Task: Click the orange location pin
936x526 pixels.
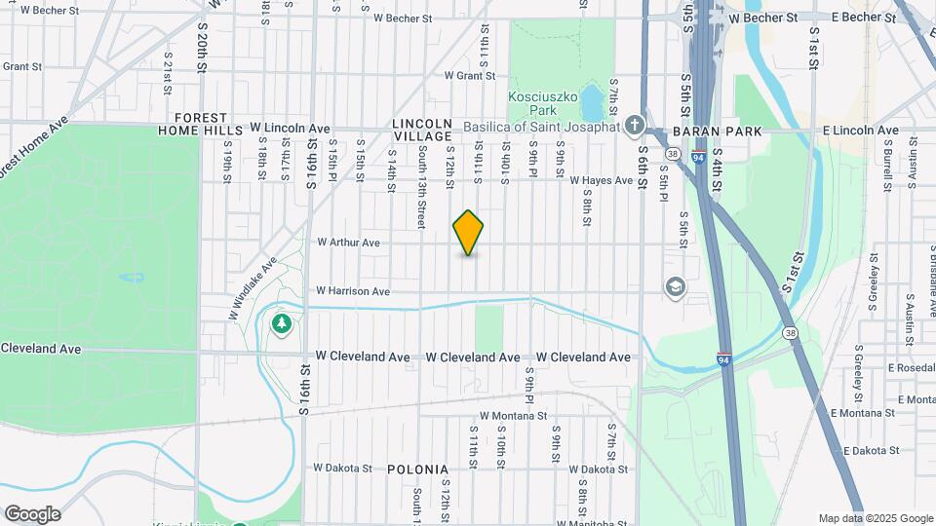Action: click(x=468, y=233)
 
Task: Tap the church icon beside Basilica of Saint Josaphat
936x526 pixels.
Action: click(x=635, y=126)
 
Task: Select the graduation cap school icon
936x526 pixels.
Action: click(x=674, y=287)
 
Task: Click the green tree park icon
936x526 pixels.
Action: click(x=282, y=322)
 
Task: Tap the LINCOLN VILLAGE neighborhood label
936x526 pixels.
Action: click(x=423, y=131)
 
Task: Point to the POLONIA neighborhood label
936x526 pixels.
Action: click(x=417, y=470)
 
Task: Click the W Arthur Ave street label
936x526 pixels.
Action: click(x=348, y=243)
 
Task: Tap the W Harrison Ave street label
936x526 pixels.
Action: click(x=352, y=291)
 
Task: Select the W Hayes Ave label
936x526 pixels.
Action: click(x=603, y=180)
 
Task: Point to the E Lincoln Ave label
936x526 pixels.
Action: click(x=859, y=131)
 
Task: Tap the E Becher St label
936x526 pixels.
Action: click(x=863, y=18)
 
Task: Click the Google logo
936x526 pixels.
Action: click(x=32, y=513)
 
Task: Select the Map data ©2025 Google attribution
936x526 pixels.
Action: click(x=876, y=518)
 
